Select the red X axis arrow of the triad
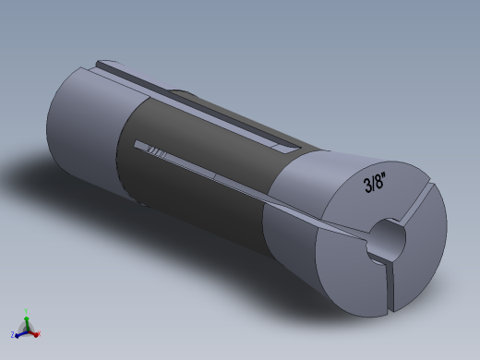click(x=33, y=331)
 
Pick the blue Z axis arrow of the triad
click(x=20, y=331)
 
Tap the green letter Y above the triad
click(x=26, y=312)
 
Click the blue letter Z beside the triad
click(x=13, y=333)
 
